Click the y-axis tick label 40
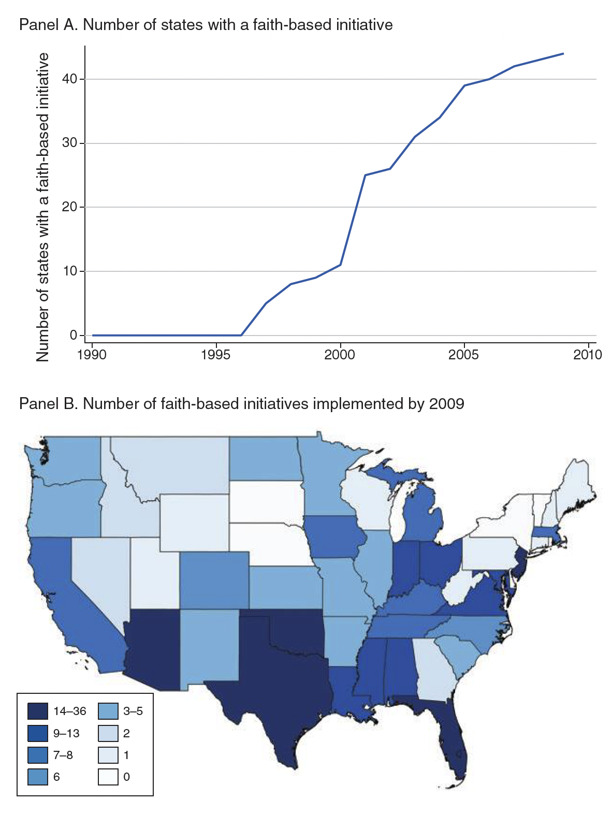point(71,79)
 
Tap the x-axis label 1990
point(92,355)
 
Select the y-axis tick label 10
point(71,271)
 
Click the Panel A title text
point(206,24)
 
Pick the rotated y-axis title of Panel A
point(43,207)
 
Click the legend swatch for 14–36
point(37,711)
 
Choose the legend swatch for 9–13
point(37,733)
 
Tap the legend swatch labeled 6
point(37,777)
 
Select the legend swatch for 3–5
point(108,711)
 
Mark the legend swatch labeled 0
point(108,777)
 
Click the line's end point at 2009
point(563,53)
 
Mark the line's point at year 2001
point(365,175)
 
